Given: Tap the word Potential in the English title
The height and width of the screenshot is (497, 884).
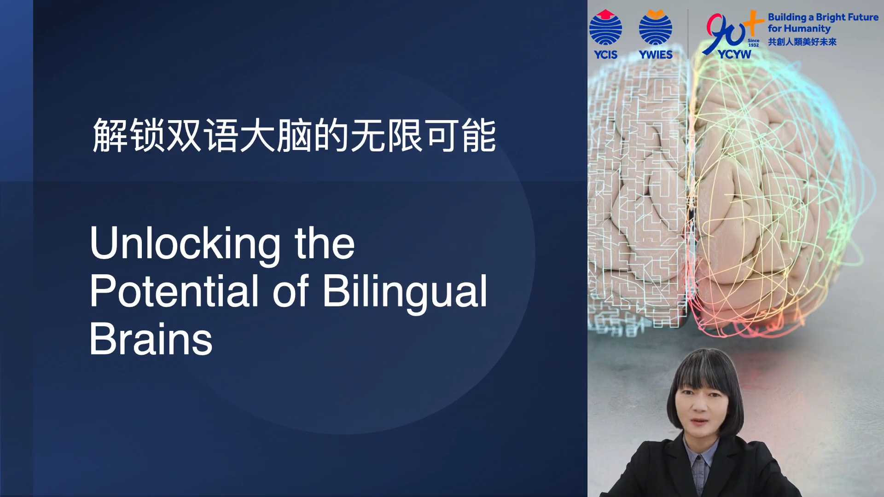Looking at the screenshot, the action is (174, 291).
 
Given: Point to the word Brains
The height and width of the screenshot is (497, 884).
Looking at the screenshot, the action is (151, 339).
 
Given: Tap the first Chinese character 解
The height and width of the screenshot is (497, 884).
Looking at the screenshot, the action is (110, 135).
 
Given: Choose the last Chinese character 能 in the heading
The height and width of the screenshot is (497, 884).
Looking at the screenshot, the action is (479, 135).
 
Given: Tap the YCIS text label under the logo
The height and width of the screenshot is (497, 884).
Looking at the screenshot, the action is (605, 55).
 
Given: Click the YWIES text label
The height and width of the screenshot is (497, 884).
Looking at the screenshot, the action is (656, 55).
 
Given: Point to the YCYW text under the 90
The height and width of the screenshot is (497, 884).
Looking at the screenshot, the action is (734, 54).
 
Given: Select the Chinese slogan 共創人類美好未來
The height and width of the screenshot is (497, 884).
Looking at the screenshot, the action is (802, 42).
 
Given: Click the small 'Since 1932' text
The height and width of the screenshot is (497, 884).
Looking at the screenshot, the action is (754, 43).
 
